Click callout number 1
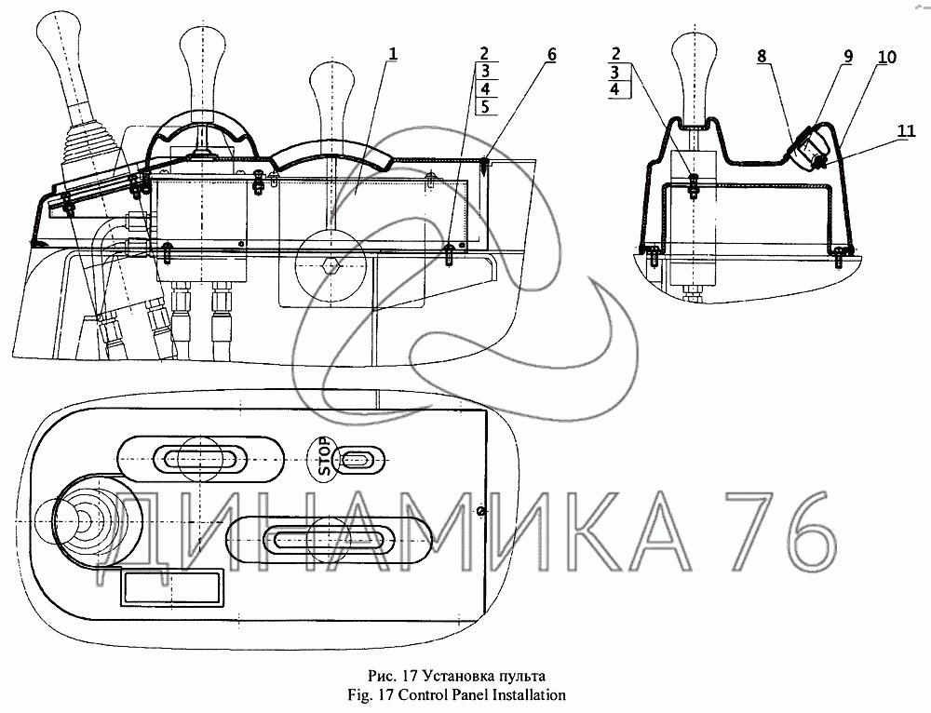tap(392, 54)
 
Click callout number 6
tap(551, 55)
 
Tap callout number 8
tap(762, 57)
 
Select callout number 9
tap(848, 57)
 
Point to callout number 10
tap(886, 57)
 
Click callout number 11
tap(906, 130)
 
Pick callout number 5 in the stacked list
tap(485, 107)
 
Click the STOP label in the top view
tap(324, 456)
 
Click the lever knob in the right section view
tap(693, 65)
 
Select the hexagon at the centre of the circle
tap(330, 265)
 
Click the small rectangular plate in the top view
tap(172, 587)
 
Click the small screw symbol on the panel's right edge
tap(482, 511)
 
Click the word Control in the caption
tap(425, 694)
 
